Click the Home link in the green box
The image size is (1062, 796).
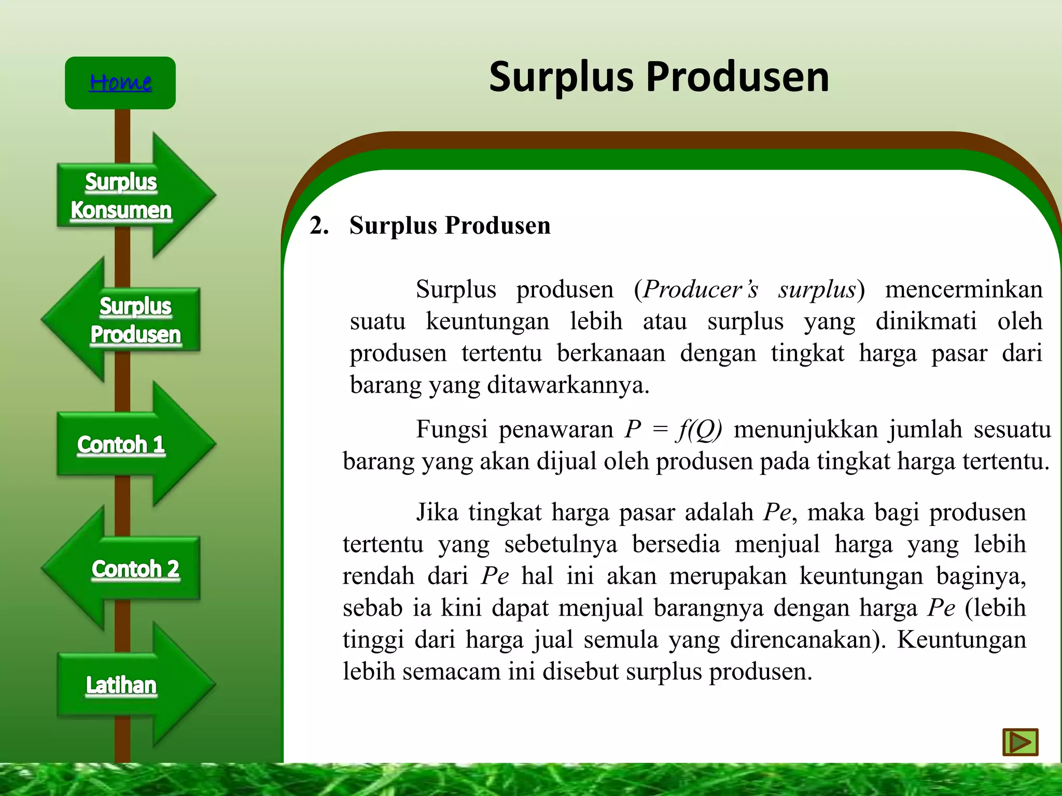coord(120,82)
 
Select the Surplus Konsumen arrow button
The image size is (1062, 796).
coord(121,196)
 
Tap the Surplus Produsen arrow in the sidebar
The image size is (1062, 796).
coord(135,320)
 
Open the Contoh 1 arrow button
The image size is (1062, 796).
coord(121,445)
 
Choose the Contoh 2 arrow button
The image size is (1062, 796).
coord(135,569)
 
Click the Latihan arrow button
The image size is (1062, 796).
coord(121,685)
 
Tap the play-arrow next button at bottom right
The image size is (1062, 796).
coord(1020,742)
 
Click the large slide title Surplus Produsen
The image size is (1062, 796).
coord(659,77)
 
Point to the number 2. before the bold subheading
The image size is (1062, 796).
coord(319,226)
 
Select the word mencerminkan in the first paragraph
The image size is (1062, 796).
coord(963,289)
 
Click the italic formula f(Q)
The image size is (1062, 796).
coord(699,430)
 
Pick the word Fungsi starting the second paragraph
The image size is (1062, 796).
coord(452,430)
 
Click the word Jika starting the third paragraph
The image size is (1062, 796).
coord(437,513)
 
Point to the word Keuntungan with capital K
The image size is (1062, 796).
coord(961,639)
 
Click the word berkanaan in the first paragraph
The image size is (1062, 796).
coord(611,353)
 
